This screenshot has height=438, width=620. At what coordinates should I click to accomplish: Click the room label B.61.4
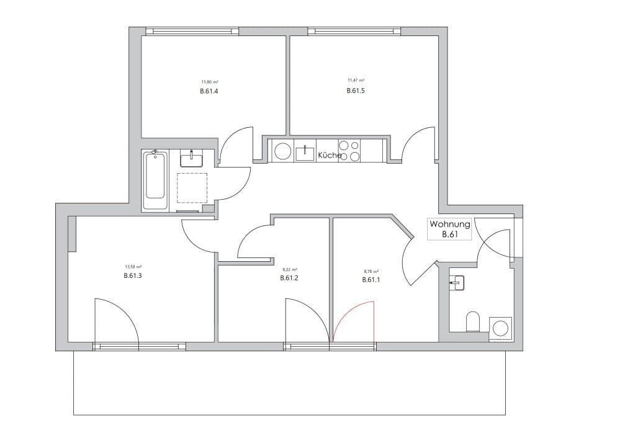click(209, 91)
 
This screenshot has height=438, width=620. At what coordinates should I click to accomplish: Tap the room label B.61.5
click(356, 91)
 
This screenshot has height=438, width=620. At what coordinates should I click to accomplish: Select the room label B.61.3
click(133, 275)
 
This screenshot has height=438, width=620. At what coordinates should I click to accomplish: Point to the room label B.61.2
click(289, 279)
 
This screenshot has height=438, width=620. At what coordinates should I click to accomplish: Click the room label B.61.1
click(371, 280)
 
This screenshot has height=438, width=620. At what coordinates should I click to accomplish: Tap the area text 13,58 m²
click(133, 268)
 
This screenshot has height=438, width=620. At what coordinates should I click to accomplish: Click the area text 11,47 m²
click(356, 80)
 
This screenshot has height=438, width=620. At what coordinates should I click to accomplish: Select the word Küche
click(330, 155)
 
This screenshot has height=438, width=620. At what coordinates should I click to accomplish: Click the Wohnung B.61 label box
click(450, 229)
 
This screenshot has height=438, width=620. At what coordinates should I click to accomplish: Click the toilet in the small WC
click(473, 321)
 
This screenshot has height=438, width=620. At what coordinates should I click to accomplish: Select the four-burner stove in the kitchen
click(350, 151)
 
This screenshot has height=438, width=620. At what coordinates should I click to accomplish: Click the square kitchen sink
click(305, 151)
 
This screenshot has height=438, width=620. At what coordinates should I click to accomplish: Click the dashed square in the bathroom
click(192, 188)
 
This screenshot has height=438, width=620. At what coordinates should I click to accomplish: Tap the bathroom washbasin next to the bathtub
click(192, 159)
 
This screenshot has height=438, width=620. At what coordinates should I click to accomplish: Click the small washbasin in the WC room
click(457, 284)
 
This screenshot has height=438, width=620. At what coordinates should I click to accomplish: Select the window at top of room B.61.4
click(192, 31)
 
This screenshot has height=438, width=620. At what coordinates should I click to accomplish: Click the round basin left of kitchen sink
click(283, 151)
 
